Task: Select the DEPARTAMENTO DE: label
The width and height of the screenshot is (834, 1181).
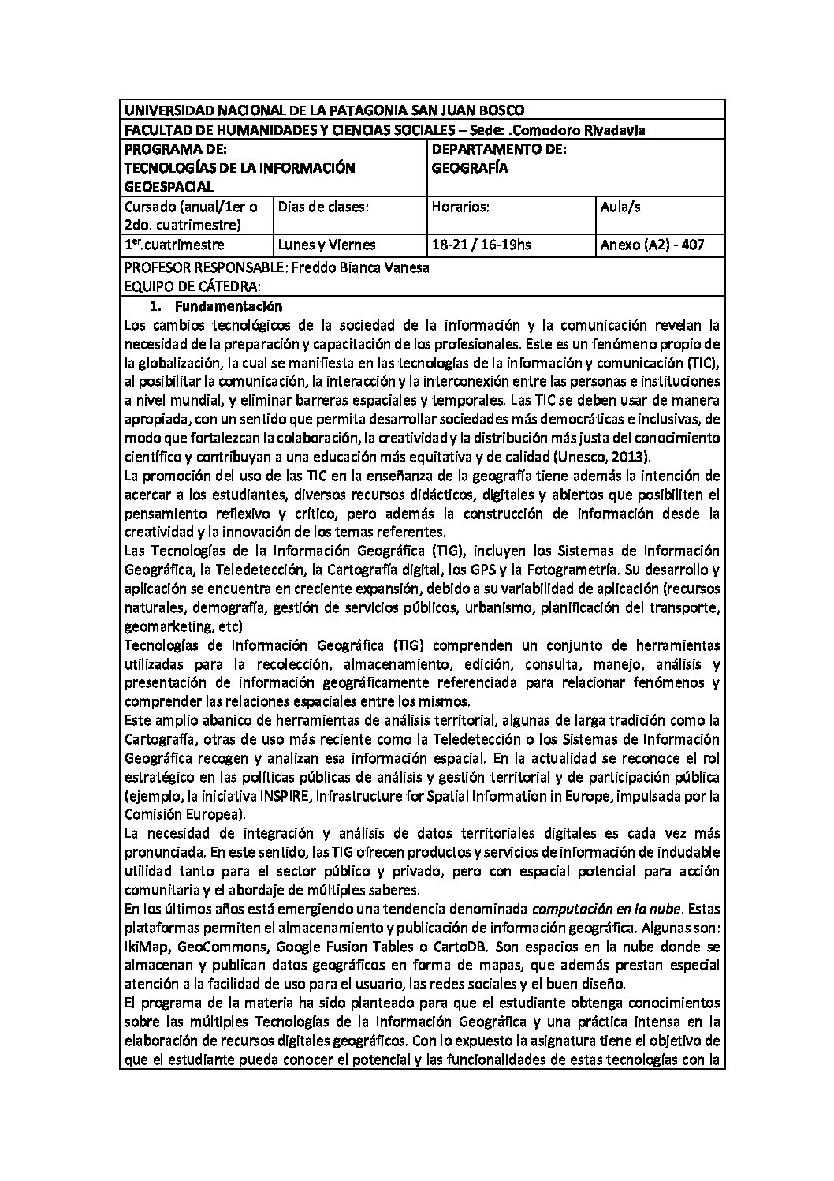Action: point(499,149)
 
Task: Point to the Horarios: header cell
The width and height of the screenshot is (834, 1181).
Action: point(461,207)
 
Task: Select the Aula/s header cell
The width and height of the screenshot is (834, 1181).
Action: point(620,207)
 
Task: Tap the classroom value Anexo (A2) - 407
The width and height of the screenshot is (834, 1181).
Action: point(652,245)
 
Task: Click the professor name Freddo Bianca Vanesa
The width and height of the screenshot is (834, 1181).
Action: point(360,267)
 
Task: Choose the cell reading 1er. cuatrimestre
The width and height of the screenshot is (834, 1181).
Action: point(174,245)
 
